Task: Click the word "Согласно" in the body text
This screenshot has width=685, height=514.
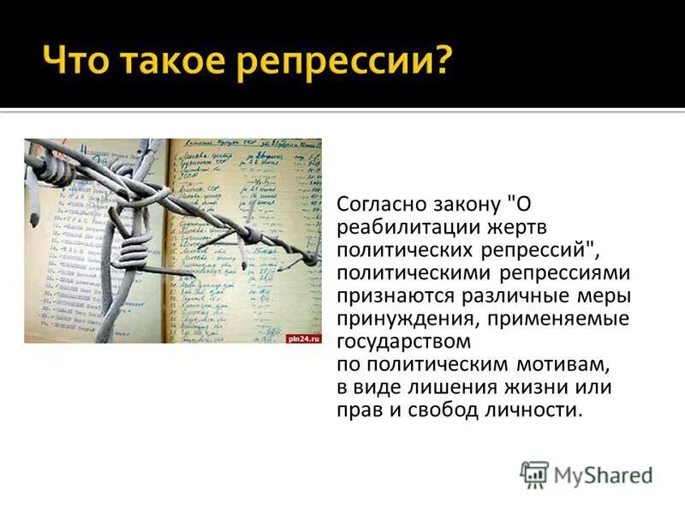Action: (x=379, y=206)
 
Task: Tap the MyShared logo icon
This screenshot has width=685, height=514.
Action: (x=534, y=475)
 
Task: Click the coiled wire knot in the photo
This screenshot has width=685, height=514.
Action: (x=133, y=254)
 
